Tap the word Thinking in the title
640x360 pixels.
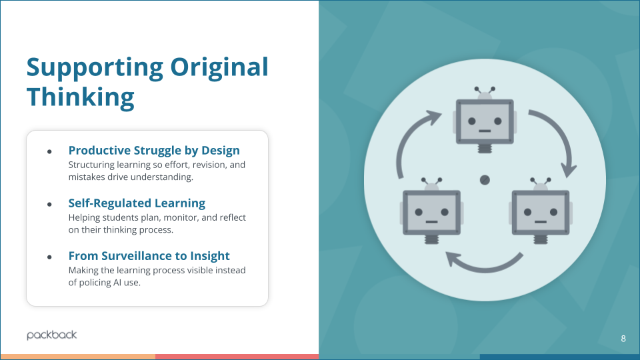coord(80,97)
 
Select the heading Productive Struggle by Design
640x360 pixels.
coord(154,151)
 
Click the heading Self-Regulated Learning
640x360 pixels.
coord(137,203)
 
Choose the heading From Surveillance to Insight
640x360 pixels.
coord(149,256)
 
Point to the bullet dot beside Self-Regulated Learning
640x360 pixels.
coord(49,204)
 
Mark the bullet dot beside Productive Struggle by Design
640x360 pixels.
coord(49,151)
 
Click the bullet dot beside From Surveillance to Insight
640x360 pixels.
coord(49,257)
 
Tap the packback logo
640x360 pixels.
coord(52,335)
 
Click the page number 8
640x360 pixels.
coord(623,339)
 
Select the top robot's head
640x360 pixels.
coord(485,121)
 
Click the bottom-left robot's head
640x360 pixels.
coord(431,212)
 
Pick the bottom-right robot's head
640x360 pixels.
coord(540,212)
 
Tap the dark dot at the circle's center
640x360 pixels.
coord(485,179)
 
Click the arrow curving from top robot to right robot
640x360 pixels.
coord(555,138)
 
